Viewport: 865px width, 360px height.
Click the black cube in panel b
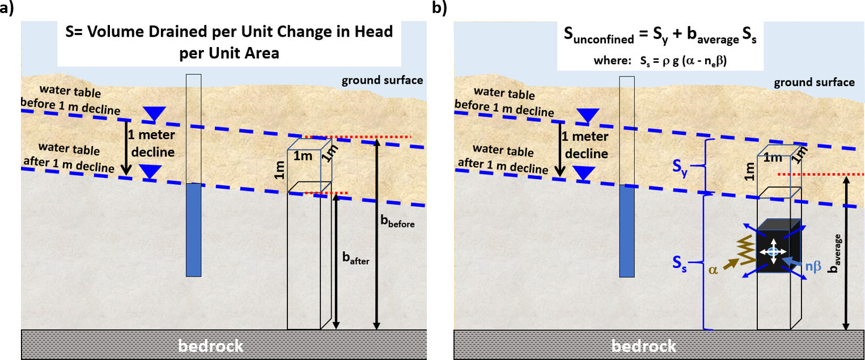(x=778, y=249)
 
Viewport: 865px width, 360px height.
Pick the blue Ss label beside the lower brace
(x=680, y=264)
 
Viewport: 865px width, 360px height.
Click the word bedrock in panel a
(x=210, y=345)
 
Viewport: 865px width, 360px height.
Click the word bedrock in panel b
(x=643, y=345)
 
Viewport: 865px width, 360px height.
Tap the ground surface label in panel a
(x=382, y=80)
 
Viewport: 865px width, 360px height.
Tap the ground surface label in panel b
(x=815, y=83)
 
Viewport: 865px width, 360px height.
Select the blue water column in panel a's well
(x=194, y=229)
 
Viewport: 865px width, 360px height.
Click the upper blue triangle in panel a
(x=151, y=115)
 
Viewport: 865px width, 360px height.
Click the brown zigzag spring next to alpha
(x=748, y=250)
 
